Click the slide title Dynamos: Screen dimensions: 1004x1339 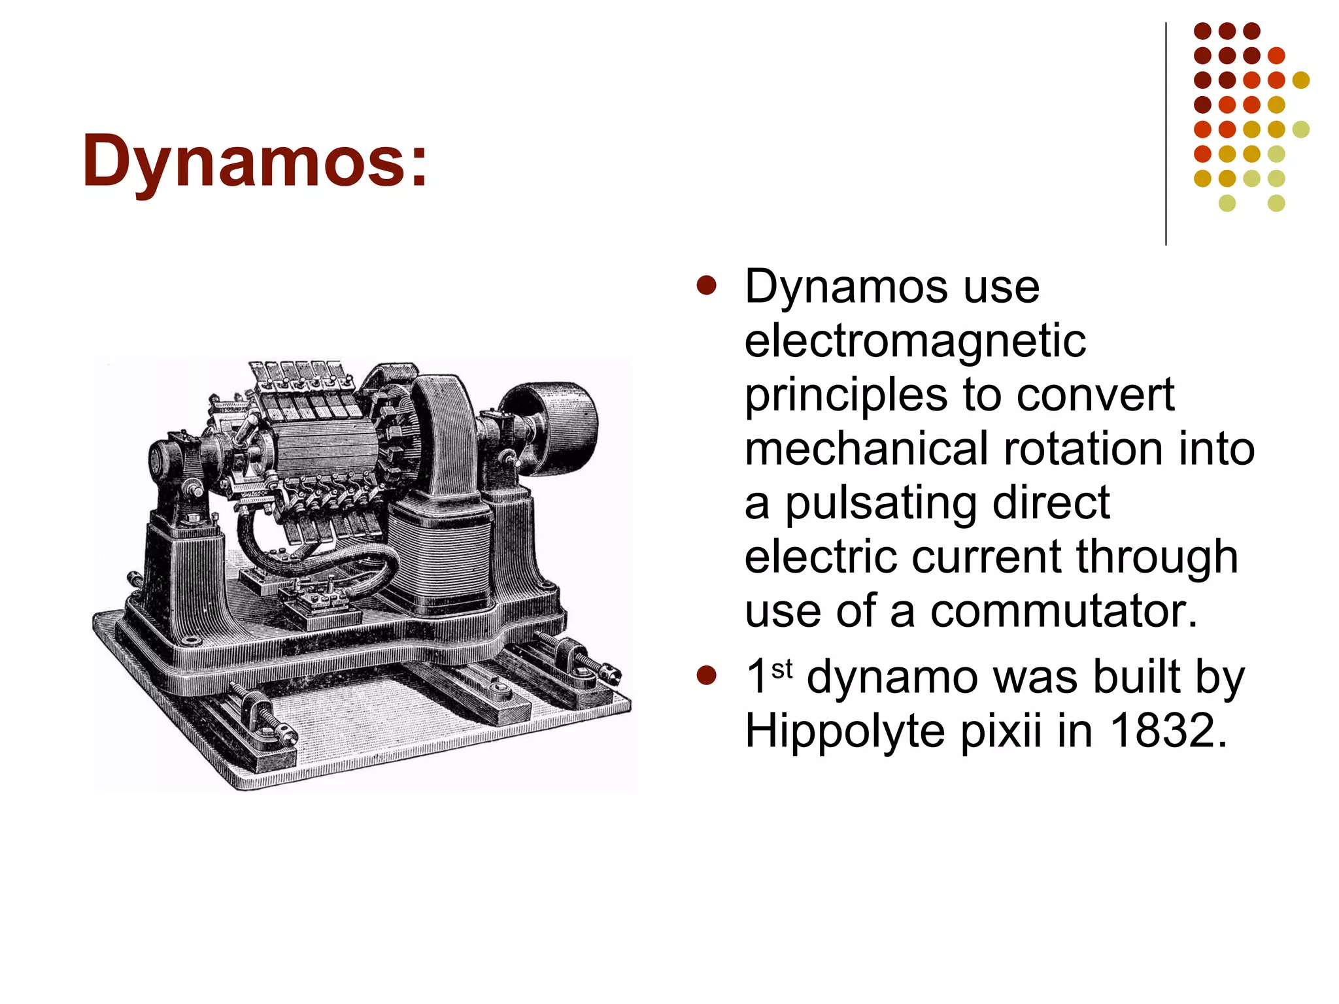pos(255,161)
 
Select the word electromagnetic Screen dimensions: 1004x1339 pos(915,341)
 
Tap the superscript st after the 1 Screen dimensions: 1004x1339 pos(782,669)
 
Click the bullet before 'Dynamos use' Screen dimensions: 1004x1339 pos(706,286)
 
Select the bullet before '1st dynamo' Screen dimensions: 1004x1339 pos(706,675)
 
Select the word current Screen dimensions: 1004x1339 pos(987,557)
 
